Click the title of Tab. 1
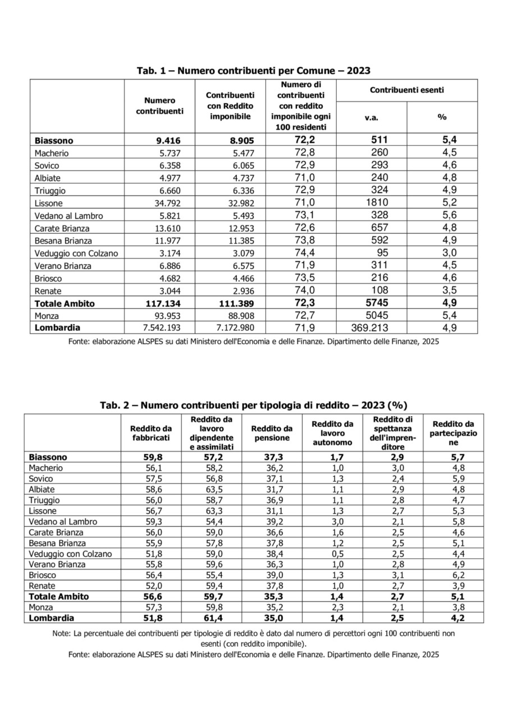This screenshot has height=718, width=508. coord(254,71)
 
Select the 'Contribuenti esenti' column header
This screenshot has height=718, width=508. coord(408,90)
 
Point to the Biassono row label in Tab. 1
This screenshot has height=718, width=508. coord(54,140)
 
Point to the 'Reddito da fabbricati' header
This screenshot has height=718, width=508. coord(151,433)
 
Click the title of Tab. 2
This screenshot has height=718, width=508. coord(254,405)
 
